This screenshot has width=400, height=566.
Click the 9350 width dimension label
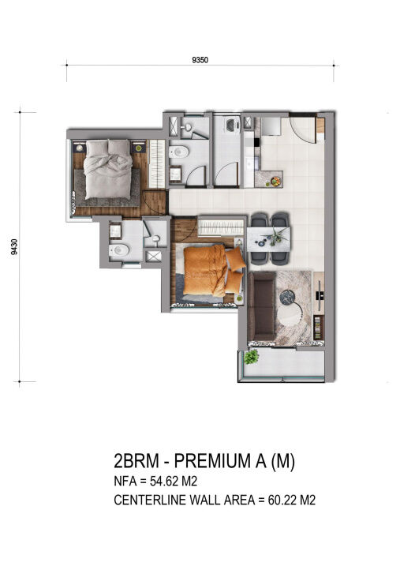(200, 60)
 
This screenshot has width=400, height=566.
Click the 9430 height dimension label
(14, 247)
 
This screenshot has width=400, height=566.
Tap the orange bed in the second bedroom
(214, 270)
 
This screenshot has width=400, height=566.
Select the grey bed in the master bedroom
(107, 169)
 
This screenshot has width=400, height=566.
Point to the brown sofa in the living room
(261, 306)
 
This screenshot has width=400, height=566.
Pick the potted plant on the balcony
(251, 357)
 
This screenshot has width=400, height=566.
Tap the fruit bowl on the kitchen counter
(276, 181)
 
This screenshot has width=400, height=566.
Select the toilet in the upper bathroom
(178, 152)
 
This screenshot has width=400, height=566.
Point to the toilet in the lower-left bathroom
(119, 249)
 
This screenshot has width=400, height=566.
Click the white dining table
(269, 239)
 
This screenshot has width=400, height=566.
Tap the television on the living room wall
(320, 294)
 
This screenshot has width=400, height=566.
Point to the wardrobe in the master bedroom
(157, 164)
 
